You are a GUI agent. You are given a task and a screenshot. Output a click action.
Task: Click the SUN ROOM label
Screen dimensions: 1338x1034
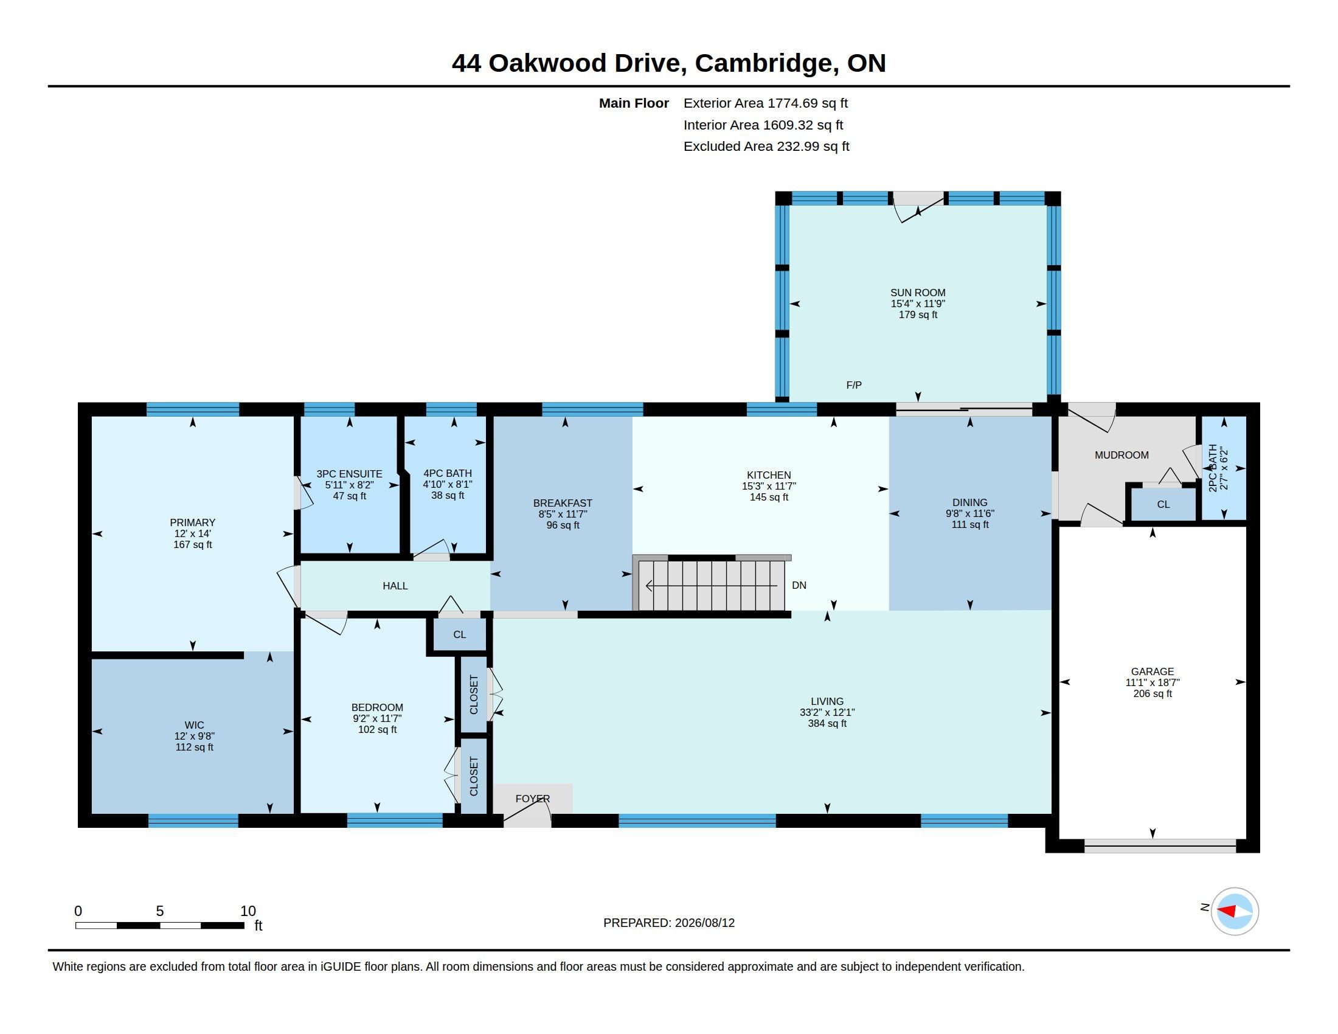[918, 293]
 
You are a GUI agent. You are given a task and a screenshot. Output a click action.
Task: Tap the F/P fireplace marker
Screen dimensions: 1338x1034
[854, 385]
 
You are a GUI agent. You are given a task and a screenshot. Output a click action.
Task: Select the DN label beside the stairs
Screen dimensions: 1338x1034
[799, 585]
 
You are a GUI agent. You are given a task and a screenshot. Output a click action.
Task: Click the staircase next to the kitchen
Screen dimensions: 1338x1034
[710, 585]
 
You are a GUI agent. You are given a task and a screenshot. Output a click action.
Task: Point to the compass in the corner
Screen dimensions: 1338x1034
[1235, 912]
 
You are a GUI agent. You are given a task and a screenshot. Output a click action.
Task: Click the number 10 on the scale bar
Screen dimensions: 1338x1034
[248, 911]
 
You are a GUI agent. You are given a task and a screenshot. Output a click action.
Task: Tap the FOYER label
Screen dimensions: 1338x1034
[532, 799]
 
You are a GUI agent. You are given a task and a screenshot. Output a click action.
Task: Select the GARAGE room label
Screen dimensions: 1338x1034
[1153, 671]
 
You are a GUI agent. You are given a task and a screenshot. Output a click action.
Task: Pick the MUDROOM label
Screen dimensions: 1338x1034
[1121, 455]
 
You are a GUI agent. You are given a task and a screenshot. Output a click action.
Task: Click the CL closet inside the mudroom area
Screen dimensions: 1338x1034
[1163, 504]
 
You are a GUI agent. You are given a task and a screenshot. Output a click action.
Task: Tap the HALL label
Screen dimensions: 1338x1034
[395, 586]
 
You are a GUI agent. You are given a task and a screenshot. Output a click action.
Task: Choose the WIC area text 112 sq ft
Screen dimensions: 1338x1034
[194, 748]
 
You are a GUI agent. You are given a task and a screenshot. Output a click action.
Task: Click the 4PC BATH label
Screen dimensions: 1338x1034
[447, 473]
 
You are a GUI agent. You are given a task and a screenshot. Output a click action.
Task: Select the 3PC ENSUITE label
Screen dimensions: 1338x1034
[349, 474]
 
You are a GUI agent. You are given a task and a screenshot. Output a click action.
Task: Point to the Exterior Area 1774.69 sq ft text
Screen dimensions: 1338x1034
[766, 103]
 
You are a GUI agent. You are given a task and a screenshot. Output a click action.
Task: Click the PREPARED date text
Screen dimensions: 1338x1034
[669, 923]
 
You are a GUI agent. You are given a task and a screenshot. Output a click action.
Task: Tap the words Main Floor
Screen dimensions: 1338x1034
[634, 103]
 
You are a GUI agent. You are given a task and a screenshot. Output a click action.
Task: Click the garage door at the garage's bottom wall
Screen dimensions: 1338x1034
[1160, 846]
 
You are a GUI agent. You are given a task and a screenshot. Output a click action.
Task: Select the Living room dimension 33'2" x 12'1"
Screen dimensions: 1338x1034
[827, 712]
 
